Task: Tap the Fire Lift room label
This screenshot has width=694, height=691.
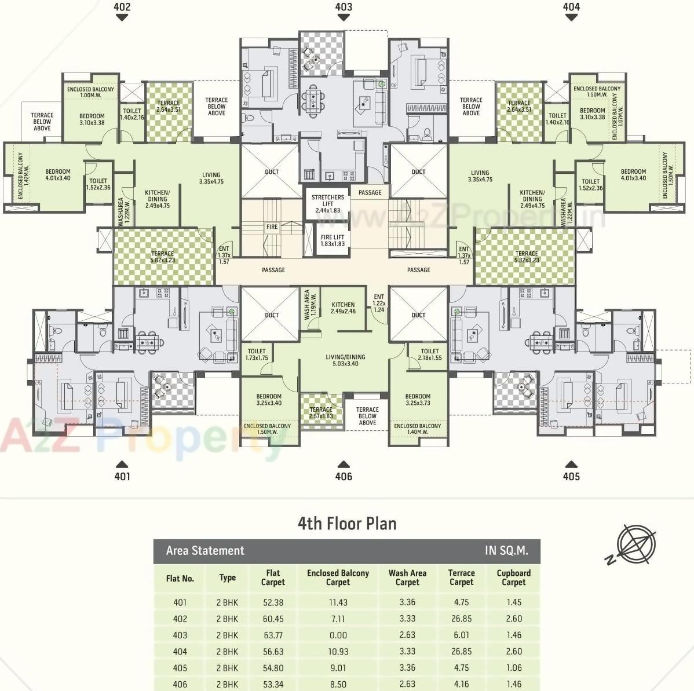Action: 333,240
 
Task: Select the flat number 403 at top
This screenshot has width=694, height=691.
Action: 344,7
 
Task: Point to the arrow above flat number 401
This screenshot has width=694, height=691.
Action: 122,464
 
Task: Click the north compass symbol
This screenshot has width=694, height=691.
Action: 635,544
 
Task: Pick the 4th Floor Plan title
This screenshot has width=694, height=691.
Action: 347,524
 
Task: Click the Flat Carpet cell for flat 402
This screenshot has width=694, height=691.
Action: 273,619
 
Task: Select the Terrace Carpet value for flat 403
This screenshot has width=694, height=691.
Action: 461,635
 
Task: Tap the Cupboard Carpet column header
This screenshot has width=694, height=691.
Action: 513,577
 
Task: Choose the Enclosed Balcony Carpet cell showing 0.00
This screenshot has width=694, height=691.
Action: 338,635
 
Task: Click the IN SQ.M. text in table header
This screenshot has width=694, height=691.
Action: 506,551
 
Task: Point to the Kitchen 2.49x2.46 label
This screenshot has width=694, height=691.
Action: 344,308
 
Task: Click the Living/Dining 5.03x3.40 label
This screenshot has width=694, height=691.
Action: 345,360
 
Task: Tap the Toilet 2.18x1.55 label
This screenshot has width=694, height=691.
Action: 429,354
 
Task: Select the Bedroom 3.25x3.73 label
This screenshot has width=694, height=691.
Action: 418,400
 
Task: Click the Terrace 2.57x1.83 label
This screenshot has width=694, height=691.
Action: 321,412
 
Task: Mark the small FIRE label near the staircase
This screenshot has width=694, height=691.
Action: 272,227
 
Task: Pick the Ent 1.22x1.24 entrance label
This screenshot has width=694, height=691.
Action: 379,303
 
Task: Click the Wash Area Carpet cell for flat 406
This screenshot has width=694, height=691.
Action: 407,684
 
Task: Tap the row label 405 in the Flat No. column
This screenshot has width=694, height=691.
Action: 180,668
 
